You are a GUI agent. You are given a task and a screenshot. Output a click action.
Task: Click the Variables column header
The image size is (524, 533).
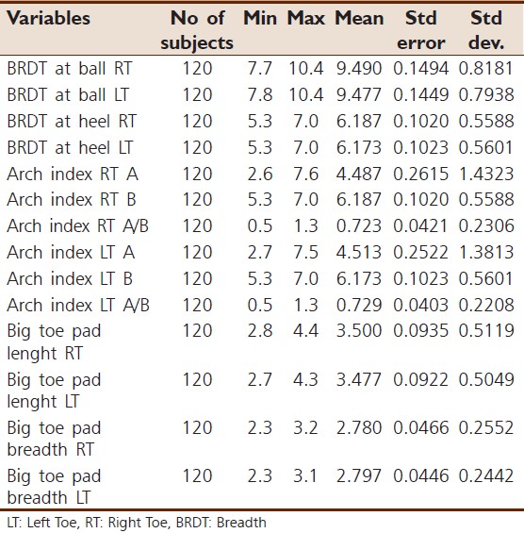48,19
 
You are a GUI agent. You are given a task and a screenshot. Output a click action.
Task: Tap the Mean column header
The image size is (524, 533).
360,19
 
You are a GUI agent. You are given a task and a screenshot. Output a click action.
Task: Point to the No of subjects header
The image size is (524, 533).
197,29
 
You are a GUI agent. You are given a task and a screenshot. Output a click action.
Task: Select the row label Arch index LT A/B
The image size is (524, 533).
78,305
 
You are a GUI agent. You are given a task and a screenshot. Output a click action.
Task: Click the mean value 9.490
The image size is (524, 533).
360,69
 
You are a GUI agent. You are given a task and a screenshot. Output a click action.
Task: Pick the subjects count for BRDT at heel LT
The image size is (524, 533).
197,147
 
